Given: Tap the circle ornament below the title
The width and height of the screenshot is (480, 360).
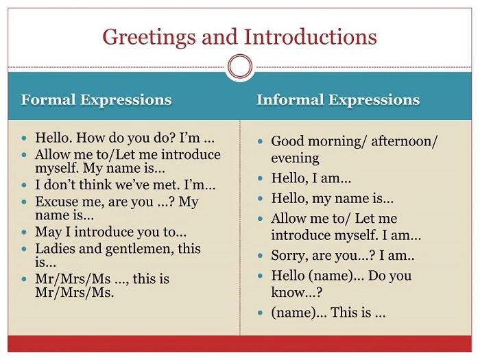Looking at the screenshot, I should click(240, 67).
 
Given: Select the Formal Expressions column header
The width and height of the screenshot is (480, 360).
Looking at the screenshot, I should click(96, 100).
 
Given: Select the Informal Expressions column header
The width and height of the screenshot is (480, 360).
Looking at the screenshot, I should click(337, 100).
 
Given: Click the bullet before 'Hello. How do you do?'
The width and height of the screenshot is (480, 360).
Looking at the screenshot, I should click(25, 138).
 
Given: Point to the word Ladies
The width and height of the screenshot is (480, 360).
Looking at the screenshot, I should click(55, 249).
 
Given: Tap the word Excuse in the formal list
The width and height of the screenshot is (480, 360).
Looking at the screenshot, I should click(58, 202).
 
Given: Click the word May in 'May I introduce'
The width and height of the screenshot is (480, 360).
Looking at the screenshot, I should click(48, 232).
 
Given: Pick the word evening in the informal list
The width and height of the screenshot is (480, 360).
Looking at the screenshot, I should click(295, 158).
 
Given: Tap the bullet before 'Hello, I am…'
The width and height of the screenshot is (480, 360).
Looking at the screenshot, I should click(261, 179).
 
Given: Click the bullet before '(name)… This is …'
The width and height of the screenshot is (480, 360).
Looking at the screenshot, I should click(261, 313).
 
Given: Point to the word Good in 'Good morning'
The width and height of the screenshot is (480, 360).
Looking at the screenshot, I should click(288, 141).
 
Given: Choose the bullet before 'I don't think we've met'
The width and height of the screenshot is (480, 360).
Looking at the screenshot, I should click(25, 186).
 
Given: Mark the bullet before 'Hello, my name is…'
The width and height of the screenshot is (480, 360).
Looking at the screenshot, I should click(261, 200).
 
